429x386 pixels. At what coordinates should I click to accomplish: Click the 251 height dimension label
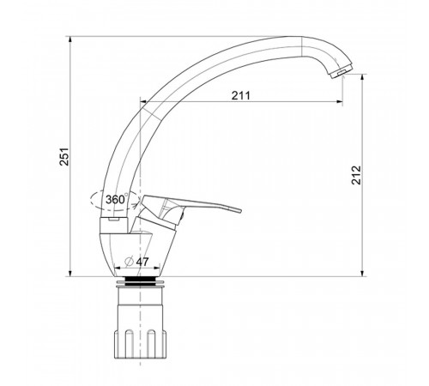64,156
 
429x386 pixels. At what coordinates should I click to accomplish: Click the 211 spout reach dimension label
241,95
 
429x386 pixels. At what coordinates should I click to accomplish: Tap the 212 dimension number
356,175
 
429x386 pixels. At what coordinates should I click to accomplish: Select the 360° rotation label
117,199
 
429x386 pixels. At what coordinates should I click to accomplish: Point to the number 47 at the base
142,262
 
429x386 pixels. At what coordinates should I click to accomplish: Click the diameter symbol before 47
130,261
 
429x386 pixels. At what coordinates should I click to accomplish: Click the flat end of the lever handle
238,211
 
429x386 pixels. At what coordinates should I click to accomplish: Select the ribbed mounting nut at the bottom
140,344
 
